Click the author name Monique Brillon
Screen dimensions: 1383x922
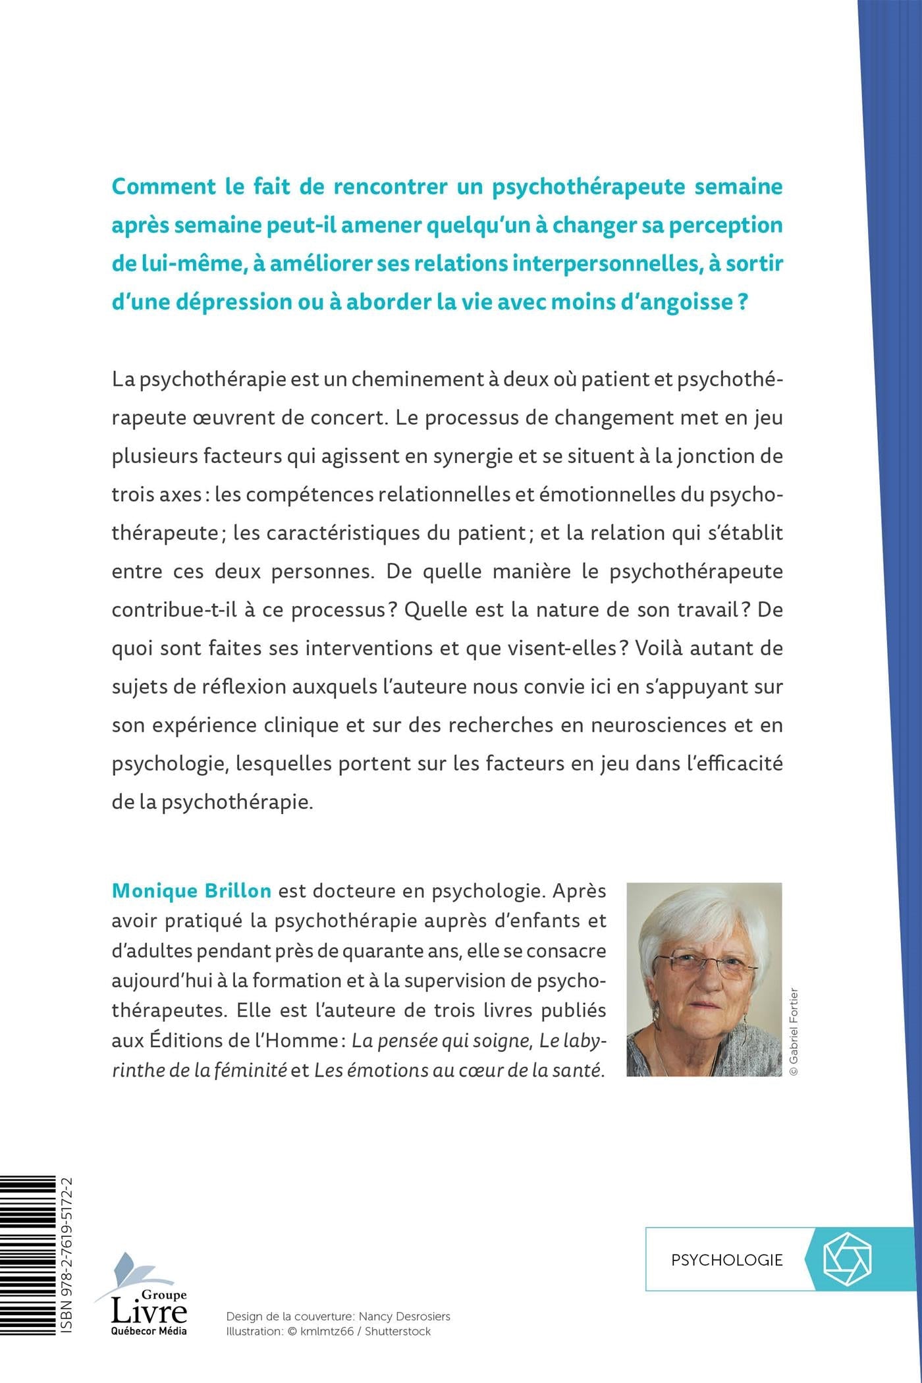191,891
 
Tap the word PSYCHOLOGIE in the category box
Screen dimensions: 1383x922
726,1260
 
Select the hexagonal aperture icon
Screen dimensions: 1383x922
847,1259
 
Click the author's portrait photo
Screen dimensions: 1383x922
704,979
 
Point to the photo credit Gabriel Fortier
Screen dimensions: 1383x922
794,1031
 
